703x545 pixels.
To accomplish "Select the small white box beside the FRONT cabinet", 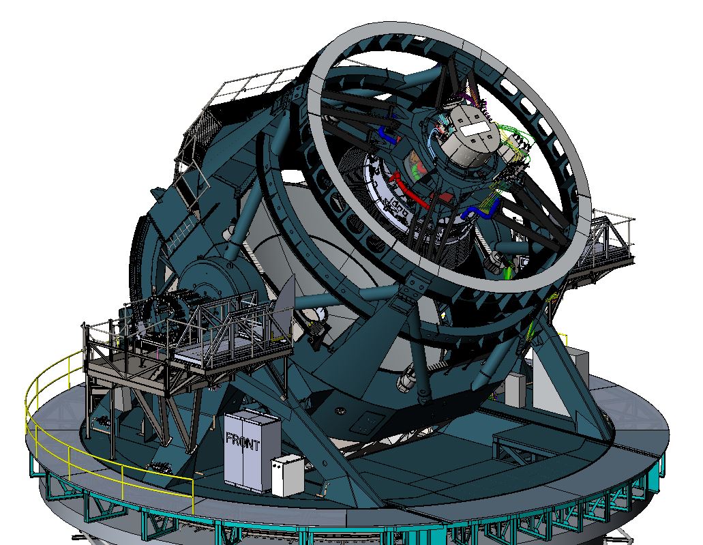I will pos(287,475).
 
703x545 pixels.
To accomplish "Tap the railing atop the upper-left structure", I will pos(252,85).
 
